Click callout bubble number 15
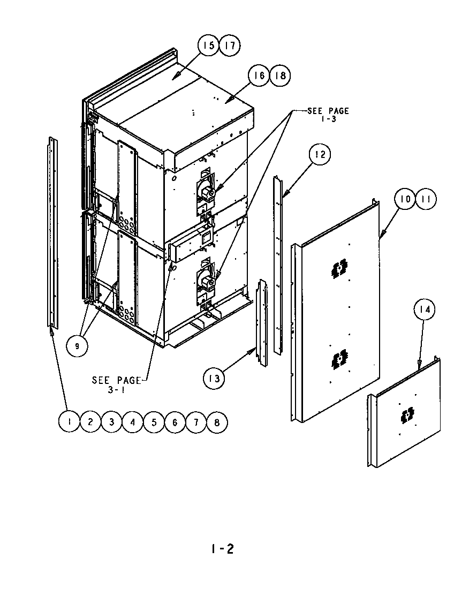pos(209,46)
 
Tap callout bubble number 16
pos(259,76)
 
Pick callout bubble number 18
pos(279,76)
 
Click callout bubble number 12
pos(320,155)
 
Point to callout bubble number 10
pos(405,199)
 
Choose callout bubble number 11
pos(426,199)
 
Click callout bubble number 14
pos(425,309)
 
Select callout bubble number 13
pos(214,379)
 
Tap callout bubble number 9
pos(77,346)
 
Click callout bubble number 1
pos(69,422)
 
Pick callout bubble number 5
pos(154,422)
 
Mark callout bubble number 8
pos(216,422)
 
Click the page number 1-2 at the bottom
pos(222,549)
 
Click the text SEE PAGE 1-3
pos(328,114)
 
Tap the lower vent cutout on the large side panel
pos(338,361)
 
